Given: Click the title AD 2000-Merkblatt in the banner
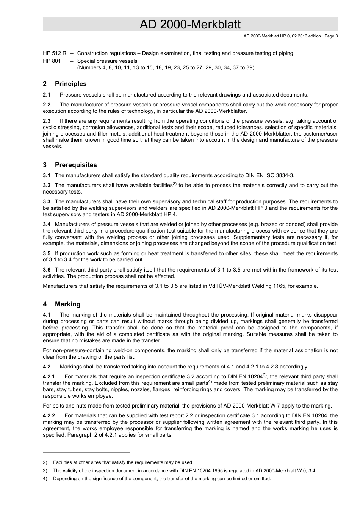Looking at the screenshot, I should (x=190, y=25).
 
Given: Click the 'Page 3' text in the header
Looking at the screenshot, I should (x=331, y=36).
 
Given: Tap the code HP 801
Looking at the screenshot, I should (x=52, y=61).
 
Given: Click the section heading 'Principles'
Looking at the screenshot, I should (x=70, y=84).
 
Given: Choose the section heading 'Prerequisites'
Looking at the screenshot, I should (x=76, y=165).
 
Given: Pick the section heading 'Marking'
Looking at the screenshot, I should (x=67, y=304).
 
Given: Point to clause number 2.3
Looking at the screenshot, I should (x=47, y=121).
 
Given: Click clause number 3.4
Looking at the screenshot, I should (x=47, y=224).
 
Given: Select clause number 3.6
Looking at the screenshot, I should (x=47, y=270).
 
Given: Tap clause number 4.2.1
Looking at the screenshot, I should (x=49, y=376).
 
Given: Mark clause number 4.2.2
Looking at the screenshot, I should (x=49, y=415).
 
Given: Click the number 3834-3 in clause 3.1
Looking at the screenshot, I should (x=284, y=175).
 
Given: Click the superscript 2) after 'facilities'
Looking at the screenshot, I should (x=175, y=184).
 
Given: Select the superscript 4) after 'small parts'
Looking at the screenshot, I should (x=210, y=382).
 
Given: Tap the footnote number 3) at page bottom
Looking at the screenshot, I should (x=45, y=471).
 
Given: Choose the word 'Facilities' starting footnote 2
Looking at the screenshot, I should (x=63, y=462).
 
